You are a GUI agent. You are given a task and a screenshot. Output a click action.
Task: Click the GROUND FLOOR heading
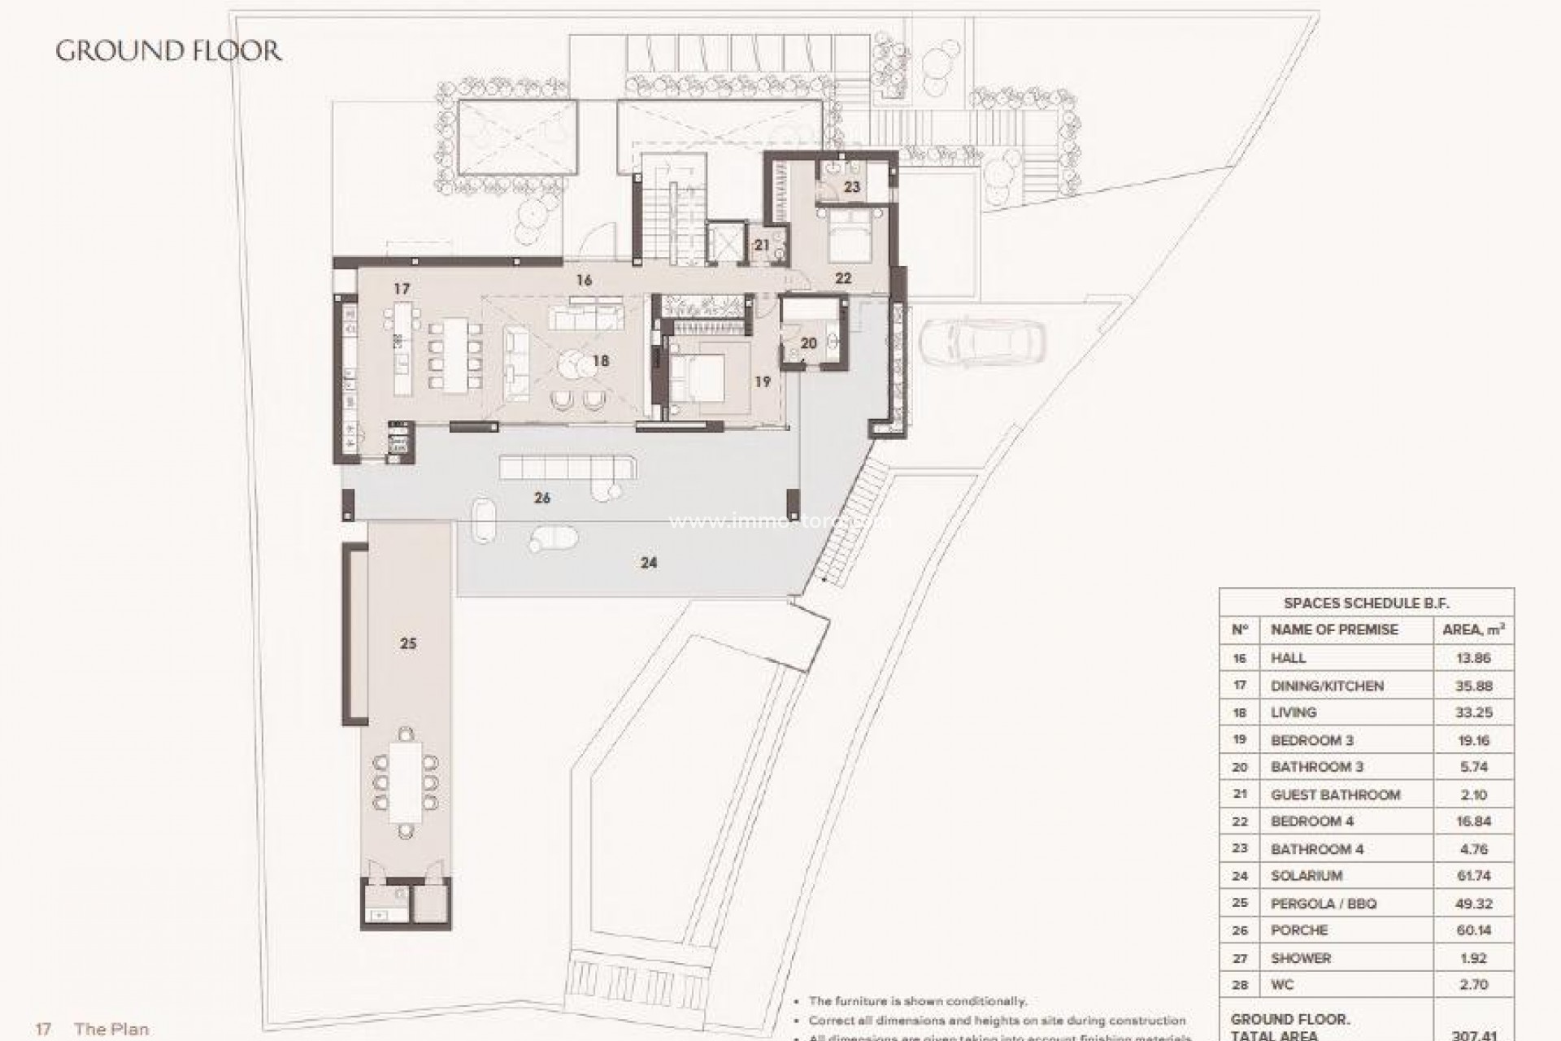(168, 50)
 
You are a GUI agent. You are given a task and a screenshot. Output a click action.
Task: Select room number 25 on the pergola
(408, 643)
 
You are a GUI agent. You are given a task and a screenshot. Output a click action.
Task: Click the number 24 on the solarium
(648, 562)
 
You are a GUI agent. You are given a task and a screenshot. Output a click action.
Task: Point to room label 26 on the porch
(541, 498)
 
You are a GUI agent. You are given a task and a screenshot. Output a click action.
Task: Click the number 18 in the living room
(601, 360)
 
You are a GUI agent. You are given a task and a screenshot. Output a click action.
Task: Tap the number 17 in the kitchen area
(401, 289)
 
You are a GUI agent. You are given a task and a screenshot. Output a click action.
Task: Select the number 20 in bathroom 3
(808, 343)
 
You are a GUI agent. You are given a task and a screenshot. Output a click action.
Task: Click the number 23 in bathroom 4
(851, 187)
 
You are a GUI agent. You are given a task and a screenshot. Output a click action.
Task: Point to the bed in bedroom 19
(697, 378)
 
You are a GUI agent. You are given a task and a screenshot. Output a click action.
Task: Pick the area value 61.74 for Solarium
(1472, 876)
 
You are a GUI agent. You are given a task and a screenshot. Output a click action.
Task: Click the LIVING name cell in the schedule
(1293, 712)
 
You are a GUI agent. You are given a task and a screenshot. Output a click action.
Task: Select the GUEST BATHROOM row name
(1335, 795)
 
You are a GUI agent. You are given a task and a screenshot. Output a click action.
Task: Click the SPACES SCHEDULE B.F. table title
(1366, 603)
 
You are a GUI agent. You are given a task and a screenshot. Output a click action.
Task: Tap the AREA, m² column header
(1472, 629)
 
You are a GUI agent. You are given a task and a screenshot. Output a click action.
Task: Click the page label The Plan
(111, 1030)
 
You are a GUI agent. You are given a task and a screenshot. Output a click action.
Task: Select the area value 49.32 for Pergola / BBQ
(1472, 904)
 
